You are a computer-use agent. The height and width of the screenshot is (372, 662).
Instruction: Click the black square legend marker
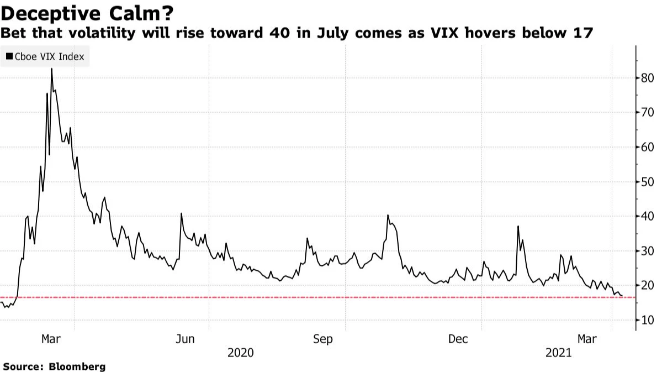(x=9, y=56)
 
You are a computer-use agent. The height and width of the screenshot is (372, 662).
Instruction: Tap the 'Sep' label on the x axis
(x=323, y=339)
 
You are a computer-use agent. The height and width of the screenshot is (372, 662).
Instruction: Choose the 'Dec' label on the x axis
(x=459, y=339)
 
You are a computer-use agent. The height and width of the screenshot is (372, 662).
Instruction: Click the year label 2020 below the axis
(x=240, y=353)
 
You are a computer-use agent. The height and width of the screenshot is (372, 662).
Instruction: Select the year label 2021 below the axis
(x=559, y=353)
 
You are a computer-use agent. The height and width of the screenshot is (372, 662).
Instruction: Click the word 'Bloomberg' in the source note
(x=77, y=366)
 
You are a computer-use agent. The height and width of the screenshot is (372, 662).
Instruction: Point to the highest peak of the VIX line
(x=51, y=69)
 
